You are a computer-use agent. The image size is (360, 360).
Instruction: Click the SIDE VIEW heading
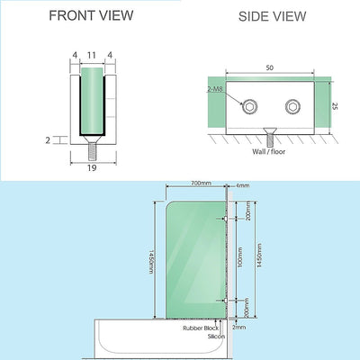[x=272, y=16]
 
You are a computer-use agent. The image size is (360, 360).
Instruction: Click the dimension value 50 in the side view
[x=269, y=67]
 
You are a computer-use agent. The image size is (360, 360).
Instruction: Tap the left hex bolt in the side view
[x=247, y=107]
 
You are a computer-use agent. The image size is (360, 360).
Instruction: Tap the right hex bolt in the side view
[x=292, y=107]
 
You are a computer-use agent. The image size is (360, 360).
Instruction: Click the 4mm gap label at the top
[x=244, y=185]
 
